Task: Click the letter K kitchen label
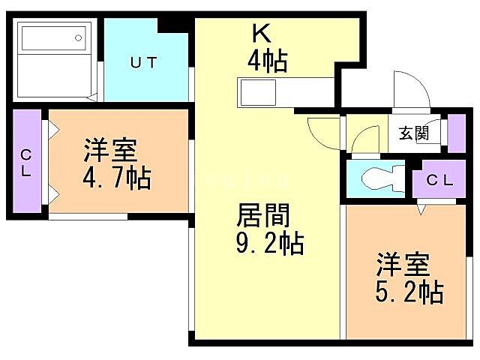click(x=260, y=34)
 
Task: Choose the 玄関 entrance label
click(x=413, y=134)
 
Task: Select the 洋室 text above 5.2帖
click(x=403, y=265)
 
